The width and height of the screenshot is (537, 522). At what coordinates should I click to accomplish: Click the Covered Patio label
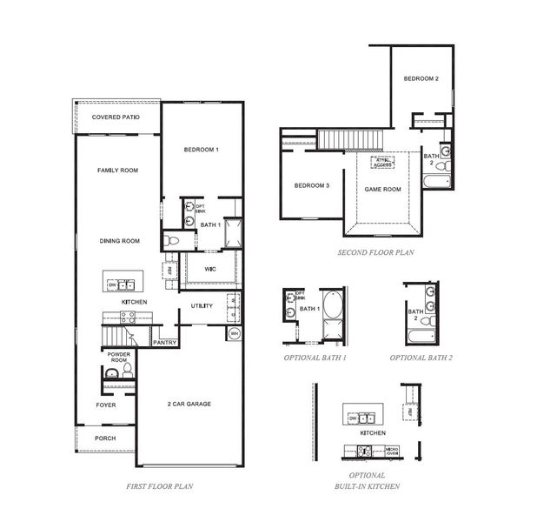(116, 117)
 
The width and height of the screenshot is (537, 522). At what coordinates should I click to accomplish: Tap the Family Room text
(117, 171)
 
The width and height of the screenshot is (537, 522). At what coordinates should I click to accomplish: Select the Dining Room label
(119, 241)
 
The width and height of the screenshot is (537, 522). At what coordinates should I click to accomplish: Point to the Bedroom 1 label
(201, 150)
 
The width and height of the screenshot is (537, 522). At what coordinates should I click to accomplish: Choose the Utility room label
(202, 306)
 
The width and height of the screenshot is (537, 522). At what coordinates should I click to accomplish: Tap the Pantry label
(164, 342)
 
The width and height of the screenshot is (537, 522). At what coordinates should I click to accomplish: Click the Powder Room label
(118, 358)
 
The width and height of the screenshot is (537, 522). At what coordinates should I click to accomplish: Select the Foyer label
(105, 405)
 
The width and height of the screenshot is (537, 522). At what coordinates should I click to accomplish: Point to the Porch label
(105, 438)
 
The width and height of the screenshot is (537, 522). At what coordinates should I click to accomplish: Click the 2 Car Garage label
(189, 404)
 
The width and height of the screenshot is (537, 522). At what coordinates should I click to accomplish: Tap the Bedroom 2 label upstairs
(421, 79)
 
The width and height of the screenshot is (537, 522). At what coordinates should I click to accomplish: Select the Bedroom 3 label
(311, 185)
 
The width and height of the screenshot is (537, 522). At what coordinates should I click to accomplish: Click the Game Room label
(382, 189)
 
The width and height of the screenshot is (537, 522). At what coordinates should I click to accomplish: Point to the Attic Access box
(383, 161)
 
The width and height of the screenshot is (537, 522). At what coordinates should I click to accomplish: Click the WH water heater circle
(234, 334)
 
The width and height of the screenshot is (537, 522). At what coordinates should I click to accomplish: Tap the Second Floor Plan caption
(375, 253)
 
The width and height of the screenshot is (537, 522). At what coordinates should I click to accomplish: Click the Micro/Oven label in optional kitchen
(391, 452)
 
